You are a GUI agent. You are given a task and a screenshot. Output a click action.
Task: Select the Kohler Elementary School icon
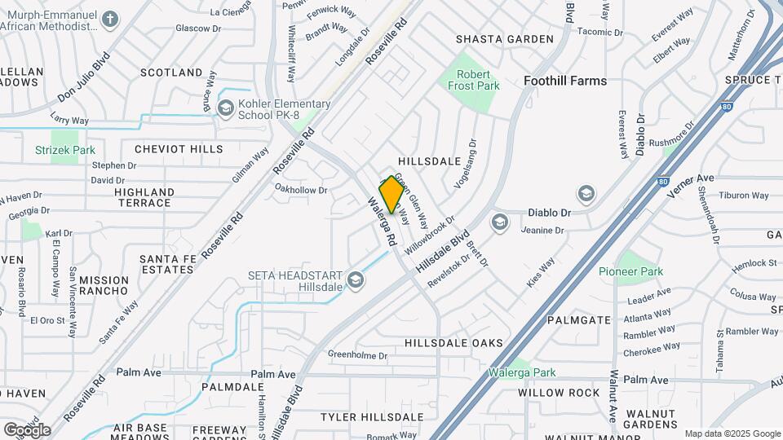pyautogui.click(x=225, y=106)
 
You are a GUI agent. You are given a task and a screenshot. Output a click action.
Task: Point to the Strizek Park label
pyautogui.click(x=65, y=150)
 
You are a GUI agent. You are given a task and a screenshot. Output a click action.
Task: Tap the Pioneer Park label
pyautogui.click(x=630, y=271)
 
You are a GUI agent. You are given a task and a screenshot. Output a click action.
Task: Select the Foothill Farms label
pyautogui.click(x=565, y=81)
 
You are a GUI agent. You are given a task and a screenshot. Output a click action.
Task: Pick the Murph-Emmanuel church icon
pyautogui.click(x=112, y=19)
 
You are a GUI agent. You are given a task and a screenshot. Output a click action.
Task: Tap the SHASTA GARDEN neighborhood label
pyautogui.click(x=504, y=39)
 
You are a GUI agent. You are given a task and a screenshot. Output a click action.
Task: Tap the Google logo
pyautogui.click(x=27, y=429)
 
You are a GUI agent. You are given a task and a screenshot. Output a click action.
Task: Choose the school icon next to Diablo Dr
pyautogui.click(x=586, y=194)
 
